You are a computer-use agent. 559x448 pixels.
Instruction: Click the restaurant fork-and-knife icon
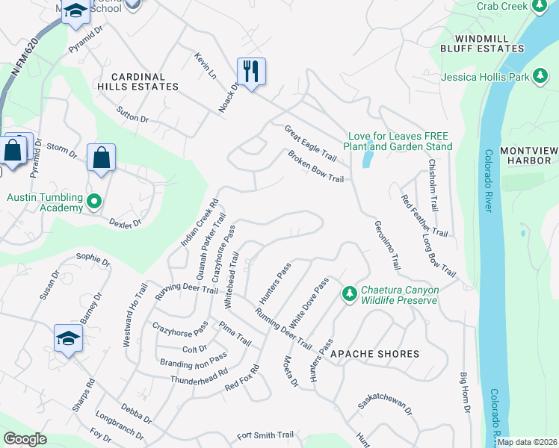pos(251,72)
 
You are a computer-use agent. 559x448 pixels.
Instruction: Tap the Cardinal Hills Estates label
pos(145,81)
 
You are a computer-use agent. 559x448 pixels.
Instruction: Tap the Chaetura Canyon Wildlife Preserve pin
pos(348,294)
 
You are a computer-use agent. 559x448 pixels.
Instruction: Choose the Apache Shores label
pos(364,353)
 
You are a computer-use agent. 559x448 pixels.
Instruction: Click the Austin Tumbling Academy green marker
pos(93,202)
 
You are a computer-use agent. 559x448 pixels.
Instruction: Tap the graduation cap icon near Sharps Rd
pos(68,337)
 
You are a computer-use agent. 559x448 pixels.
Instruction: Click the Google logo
pos(25,438)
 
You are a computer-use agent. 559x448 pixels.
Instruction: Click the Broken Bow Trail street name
pos(315,168)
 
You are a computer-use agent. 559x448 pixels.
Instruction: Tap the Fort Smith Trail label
pos(265,435)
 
